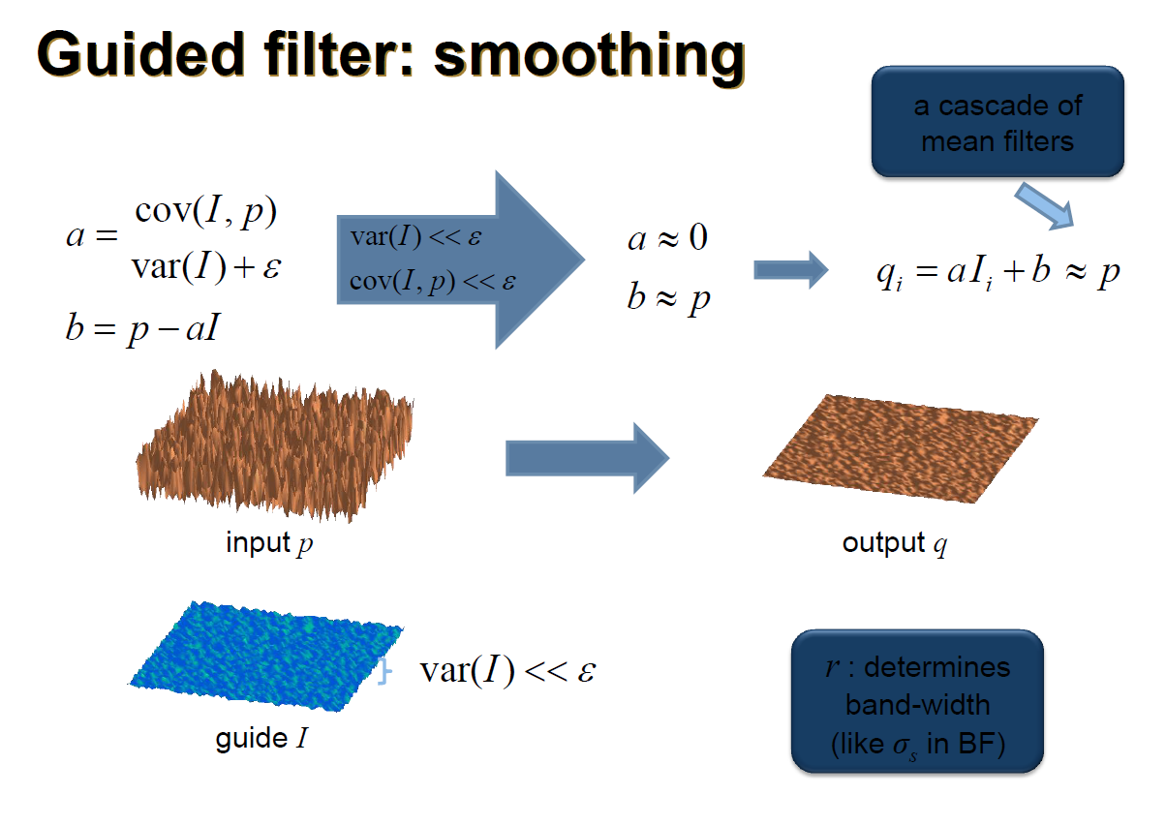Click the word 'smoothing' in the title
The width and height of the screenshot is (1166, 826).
(x=589, y=56)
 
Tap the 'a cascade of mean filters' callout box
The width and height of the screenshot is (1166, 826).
(x=997, y=122)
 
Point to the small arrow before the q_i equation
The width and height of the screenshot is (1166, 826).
(x=790, y=269)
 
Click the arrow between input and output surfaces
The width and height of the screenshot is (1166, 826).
(x=587, y=457)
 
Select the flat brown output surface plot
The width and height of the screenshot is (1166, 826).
(x=901, y=439)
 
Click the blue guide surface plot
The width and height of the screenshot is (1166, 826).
(x=266, y=656)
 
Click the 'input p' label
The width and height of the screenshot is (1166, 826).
(x=269, y=542)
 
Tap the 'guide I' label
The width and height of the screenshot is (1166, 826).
(x=262, y=739)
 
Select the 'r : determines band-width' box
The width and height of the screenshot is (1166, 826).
(x=917, y=702)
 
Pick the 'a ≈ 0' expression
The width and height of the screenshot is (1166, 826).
(x=667, y=237)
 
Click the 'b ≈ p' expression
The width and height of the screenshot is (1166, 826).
(x=667, y=296)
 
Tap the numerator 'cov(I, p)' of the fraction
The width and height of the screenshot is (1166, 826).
(x=205, y=211)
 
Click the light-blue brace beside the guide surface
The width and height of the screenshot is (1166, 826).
(x=385, y=670)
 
